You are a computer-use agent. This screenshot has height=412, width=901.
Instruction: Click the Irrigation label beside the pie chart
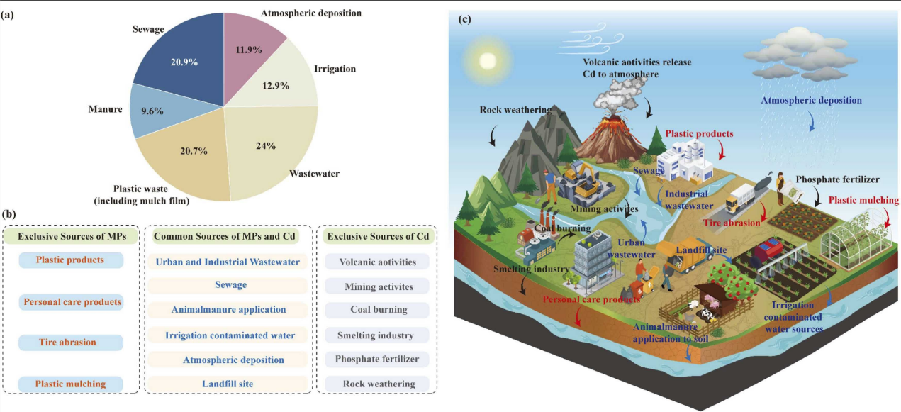coord(335,69)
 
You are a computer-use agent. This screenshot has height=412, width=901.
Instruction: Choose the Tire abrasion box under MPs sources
coord(71,343)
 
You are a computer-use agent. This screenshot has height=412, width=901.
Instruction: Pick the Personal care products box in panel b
coord(71,302)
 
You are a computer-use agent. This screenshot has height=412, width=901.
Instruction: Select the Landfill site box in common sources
coord(228,384)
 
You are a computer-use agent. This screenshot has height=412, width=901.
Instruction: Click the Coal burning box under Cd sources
coord(378,310)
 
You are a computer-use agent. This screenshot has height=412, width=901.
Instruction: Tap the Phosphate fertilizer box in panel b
coord(378,359)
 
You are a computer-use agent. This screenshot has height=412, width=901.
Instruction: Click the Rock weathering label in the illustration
coord(509,110)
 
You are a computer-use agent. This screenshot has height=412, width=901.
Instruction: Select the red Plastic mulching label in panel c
coord(863,201)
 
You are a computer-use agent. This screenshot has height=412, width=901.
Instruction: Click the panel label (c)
coord(465,18)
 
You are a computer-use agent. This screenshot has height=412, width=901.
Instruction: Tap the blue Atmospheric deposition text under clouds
coord(812,101)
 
